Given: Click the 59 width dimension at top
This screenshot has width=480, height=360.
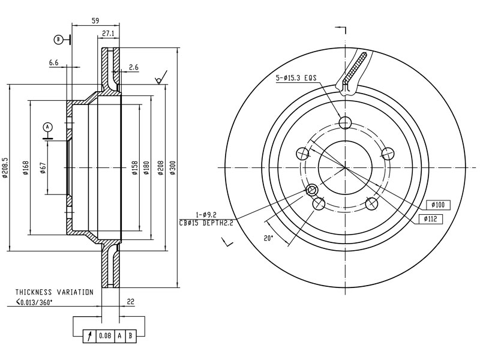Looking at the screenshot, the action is [x=95, y=20].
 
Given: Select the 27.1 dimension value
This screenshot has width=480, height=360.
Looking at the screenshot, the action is [x=108, y=34].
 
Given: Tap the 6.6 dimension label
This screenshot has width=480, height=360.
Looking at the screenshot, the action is [x=53, y=62].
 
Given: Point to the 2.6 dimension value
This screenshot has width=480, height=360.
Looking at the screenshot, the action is [x=134, y=67].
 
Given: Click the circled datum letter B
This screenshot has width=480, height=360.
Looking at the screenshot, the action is [x=58, y=40].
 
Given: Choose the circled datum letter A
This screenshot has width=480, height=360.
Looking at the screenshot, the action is [x=47, y=127].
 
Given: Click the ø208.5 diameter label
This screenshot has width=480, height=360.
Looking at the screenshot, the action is [x=4, y=167].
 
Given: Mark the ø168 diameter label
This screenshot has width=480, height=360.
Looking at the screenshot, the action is [x=25, y=168].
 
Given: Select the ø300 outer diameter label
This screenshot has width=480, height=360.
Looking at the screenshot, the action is [x=172, y=168].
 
